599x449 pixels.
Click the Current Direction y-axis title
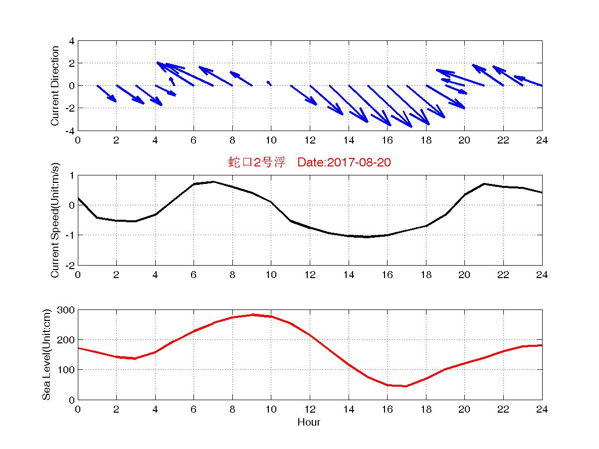pyautogui.click(x=55, y=86)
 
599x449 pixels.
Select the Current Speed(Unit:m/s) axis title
pyautogui.click(x=55, y=220)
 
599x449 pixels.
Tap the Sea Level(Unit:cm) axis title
pyautogui.click(x=46, y=354)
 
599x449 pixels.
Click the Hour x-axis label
pyautogui.click(x=309, y=423)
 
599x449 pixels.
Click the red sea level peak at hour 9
pyautogui.click(x=252, y=314)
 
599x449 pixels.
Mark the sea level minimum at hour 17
pyautogui.click(x=406, y=386)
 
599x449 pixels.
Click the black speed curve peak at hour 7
pyautogui.click(x=213, y=182)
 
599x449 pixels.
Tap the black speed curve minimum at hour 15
pyautogui.click(x=368, y=237)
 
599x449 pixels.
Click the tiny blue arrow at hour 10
pyautogui.click(x=269, y=83)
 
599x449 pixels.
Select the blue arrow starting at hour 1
pyautogui.click(x=107, y=93)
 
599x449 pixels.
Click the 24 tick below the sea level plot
pyautogui.click(x=542, y=410)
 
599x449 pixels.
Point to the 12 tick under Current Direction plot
pyautogui.click(x=310, y=141)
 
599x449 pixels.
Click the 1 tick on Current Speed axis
pyautogui.click(x=72, y=175)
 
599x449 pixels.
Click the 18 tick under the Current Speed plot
pyautogui.click(x=426, y=275)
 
